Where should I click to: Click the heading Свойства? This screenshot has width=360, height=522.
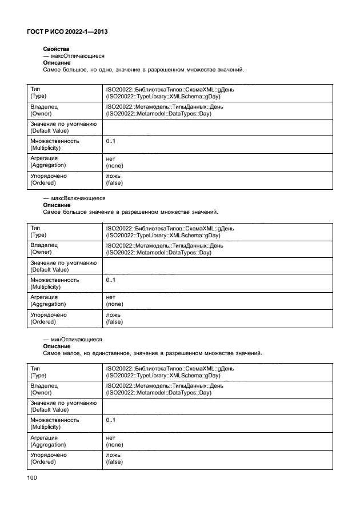[56, 50]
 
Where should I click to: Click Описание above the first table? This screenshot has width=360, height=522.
[57, 62]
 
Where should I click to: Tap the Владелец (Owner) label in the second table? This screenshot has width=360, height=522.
[44, 249]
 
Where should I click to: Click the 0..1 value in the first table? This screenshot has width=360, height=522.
[111, 141]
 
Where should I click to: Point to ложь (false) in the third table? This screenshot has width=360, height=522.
[114, 459]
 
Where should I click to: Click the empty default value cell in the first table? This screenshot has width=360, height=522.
[217, 127]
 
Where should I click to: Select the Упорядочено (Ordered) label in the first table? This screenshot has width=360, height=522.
[48, 180]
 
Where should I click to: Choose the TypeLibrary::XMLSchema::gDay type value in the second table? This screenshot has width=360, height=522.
[162, 235]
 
